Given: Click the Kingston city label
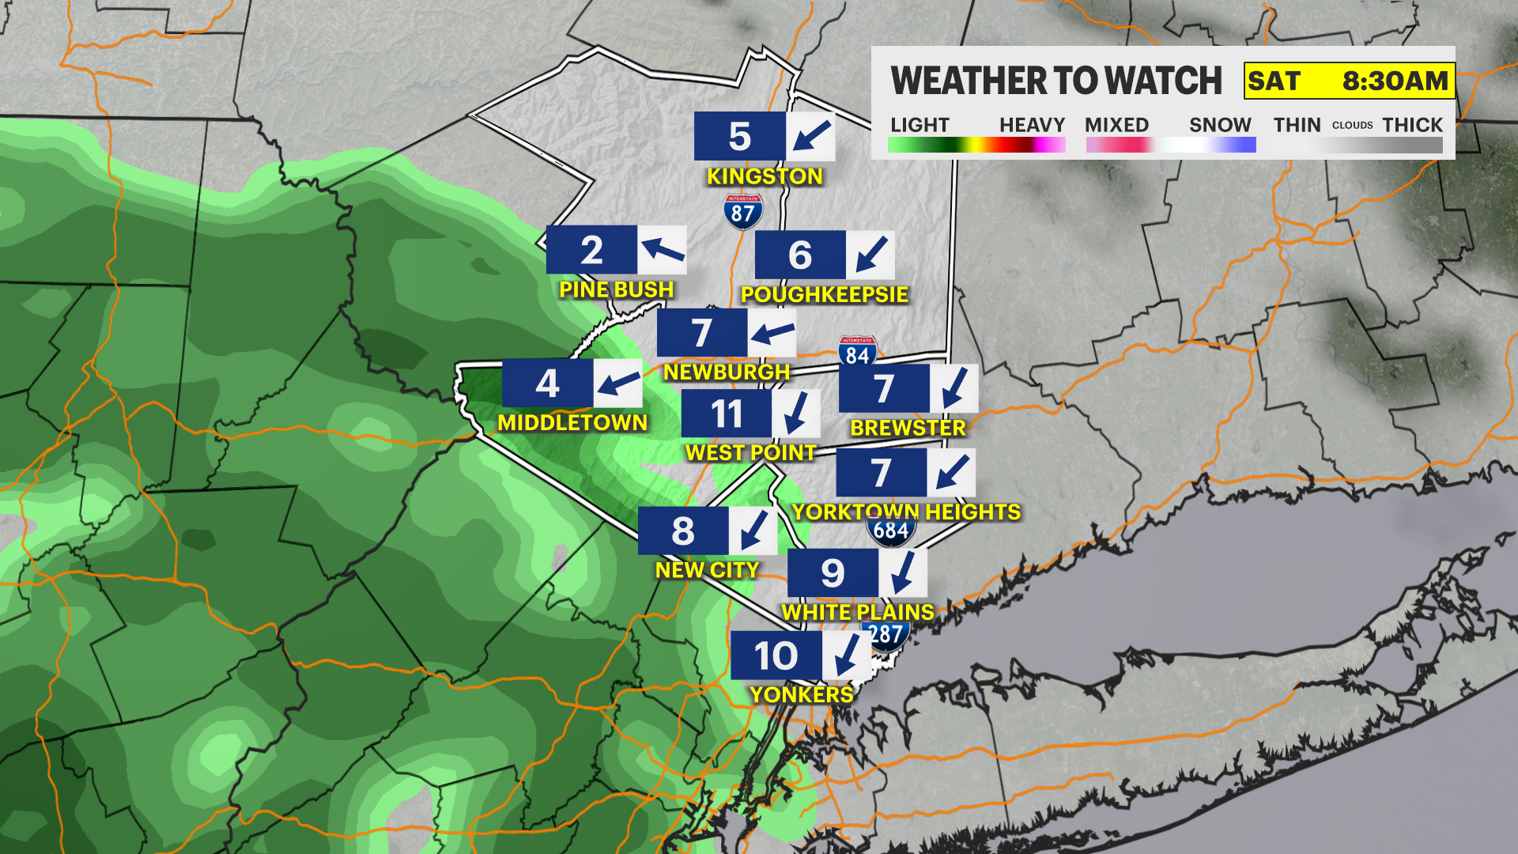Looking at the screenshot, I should (765, 176).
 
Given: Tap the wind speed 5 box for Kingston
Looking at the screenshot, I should (739, 137).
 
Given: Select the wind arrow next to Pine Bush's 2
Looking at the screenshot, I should (663, 250).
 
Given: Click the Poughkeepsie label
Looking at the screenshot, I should (824, 294).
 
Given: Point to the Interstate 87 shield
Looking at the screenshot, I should (743, 212).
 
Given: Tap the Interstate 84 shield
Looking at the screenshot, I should (857, 353).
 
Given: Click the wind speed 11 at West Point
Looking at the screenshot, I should (727, 414).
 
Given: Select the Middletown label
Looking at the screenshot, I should (572, 422).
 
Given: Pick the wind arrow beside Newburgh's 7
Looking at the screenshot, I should (772, 333).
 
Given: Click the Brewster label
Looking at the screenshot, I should (908, 428).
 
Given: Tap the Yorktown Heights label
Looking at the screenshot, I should (906, 512).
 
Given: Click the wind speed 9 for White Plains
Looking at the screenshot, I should (833, 573).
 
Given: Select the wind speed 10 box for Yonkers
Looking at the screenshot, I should (776, 656).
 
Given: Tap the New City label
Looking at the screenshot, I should (707, 569).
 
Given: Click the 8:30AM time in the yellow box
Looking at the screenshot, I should (1395, 81).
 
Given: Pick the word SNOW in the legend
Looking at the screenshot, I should (1220, 125).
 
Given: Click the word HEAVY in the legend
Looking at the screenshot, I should (1032, 125).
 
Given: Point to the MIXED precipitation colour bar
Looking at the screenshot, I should (1118, 145).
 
